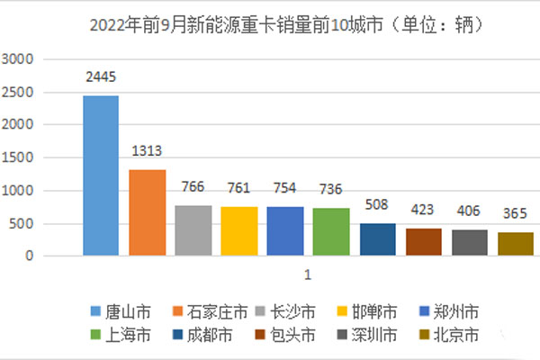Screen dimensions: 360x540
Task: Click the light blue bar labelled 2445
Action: pos(100,175)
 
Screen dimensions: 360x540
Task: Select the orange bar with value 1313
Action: pos(147,212)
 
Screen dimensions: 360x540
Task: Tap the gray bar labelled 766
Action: pos(193,230)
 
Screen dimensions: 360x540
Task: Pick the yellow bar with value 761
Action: pos(238,231)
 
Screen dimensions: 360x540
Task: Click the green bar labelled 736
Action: pos(331,232)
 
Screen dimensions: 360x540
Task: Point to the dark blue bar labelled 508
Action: pos(377,239)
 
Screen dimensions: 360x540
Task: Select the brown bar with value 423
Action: pos(423,242)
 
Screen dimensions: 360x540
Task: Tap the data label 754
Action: pos(285,189)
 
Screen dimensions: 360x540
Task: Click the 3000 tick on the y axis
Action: pos(18,59)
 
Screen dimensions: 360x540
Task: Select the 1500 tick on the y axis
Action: pos(18,158)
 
